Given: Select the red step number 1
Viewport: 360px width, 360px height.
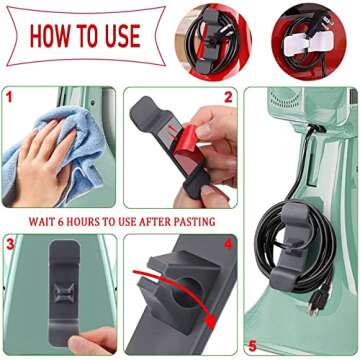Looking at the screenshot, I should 10,98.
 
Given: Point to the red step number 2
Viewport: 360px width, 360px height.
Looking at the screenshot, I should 227,98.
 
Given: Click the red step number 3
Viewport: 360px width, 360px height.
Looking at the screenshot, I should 10,242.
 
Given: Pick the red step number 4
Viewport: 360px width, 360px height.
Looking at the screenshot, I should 227,243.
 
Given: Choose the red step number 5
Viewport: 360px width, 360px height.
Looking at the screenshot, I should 251,345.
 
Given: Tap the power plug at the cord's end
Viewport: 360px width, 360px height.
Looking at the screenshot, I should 316,301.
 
